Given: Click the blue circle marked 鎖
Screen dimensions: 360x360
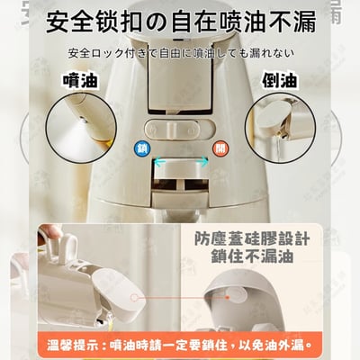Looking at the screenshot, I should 142,148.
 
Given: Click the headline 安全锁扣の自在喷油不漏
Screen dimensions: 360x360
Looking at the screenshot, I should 180,19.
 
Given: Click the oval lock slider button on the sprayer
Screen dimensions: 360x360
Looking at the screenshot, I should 180,127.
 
